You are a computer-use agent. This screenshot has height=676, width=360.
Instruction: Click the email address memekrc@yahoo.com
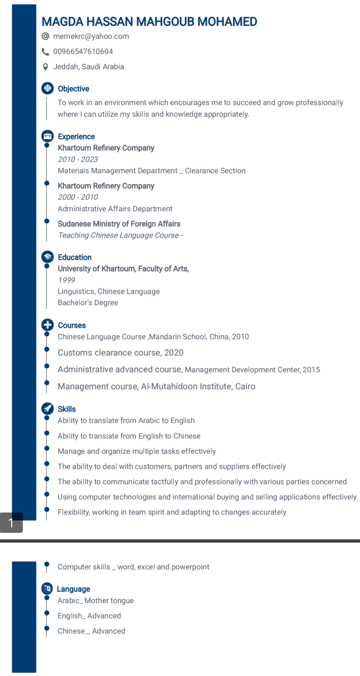pos(91,36)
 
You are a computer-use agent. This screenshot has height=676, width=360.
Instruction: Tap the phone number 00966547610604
pos(83,52)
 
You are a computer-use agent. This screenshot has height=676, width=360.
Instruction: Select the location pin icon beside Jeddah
pos(45,67)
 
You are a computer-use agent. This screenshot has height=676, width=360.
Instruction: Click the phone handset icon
pos(45,52)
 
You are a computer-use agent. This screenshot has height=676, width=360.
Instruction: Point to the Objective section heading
pos(73,89)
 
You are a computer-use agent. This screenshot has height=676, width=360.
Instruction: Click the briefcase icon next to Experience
pos(47,136)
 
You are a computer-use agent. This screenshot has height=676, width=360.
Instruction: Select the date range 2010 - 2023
pos(77,159)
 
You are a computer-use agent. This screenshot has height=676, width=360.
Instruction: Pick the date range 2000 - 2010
pos(77,197)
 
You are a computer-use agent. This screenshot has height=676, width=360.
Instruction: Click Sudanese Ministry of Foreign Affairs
pos(119,224)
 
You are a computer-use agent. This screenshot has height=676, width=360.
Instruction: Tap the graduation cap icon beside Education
pos(47,257)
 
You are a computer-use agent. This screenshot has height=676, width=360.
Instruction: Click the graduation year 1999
pos(67,280)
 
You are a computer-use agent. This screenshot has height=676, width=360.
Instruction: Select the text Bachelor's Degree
pos(88,303)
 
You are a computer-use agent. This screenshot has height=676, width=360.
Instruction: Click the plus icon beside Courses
pos(47,325)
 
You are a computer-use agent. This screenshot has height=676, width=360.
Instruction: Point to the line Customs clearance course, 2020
pos(120,353)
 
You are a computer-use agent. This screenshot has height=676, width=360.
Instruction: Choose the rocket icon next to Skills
pos(47,409)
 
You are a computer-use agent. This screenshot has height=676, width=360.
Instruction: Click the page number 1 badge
pos(11,522)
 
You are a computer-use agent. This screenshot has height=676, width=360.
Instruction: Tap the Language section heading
pos(73,589)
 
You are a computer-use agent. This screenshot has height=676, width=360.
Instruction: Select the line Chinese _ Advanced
pos(91,631)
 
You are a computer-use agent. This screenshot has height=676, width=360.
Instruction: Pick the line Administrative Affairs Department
pos(115,209)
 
